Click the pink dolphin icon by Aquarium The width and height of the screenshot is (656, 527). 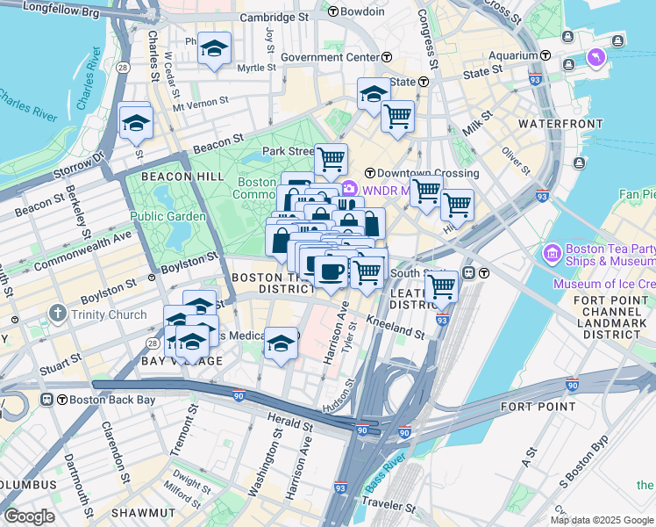[597, 59]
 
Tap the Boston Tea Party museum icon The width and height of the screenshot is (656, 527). [553, 255]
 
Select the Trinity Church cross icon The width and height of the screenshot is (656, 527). [58, 313]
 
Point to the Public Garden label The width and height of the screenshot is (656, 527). [168, 216]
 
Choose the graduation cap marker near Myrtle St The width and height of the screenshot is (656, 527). [213, 50]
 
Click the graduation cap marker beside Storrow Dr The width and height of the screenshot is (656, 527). [136, 124]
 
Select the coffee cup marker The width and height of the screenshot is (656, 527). [331, 271]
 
